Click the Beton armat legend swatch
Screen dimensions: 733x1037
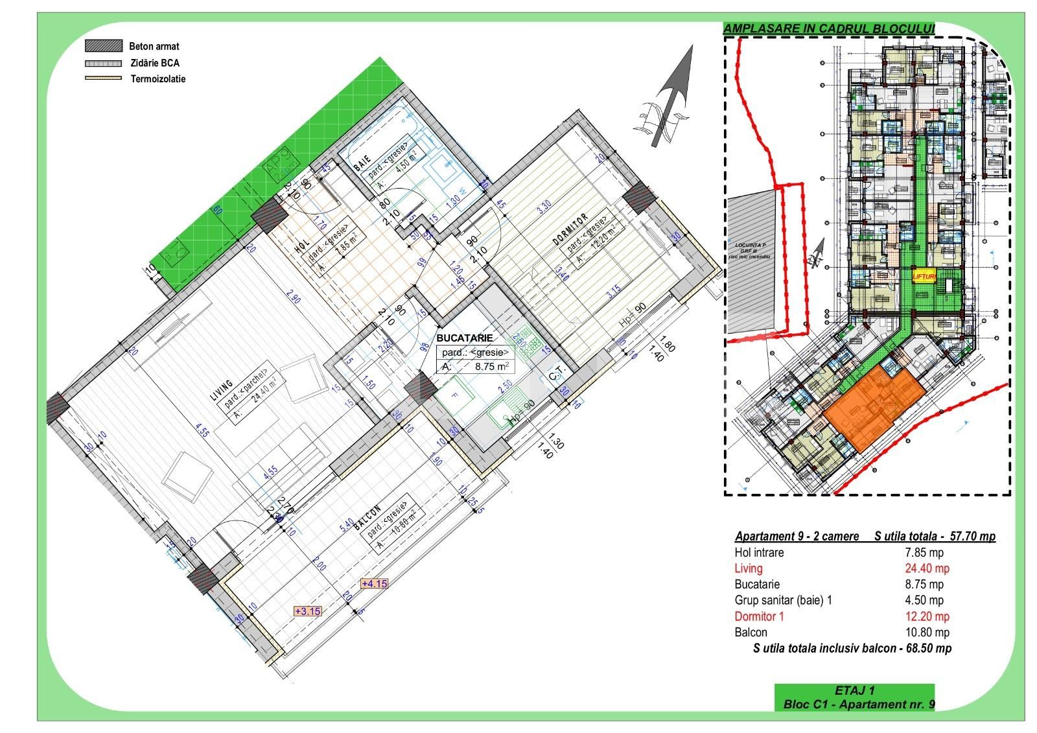click(104, 46)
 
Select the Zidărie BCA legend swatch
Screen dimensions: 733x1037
click(104, 64)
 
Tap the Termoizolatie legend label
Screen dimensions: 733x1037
click(158, 79)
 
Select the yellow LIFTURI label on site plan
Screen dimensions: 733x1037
click(924, 276)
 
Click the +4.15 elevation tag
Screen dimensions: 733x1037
click(374, 583)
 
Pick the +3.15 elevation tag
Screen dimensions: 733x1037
click(307, 611)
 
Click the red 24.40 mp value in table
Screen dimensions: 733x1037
click(927, 568)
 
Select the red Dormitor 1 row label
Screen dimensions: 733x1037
click(759, 616)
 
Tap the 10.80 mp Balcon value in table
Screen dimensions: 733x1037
click(927, 632)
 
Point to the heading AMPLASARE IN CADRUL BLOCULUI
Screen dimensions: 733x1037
click(829, 29)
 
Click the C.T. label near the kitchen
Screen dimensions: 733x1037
click(557, 374)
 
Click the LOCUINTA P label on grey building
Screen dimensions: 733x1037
click(750, 246)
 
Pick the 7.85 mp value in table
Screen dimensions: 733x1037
click(924, 553)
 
